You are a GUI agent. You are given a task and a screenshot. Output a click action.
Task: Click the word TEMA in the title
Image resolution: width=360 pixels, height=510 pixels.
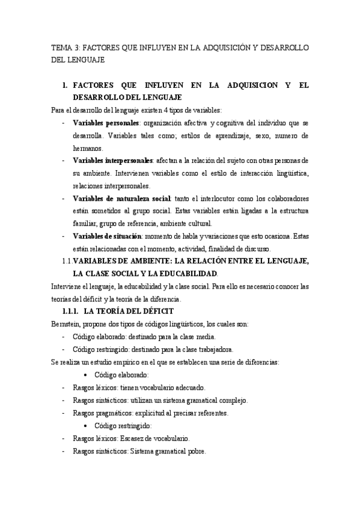pos(61,46)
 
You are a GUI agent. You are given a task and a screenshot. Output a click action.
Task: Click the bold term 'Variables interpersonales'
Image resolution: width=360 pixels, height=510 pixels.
pos(113,161)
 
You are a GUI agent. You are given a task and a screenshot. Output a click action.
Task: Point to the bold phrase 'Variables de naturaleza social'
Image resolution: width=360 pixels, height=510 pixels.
pos(122,198)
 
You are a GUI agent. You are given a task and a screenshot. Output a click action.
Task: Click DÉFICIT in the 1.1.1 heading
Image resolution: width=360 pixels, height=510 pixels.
pos(156,311)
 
